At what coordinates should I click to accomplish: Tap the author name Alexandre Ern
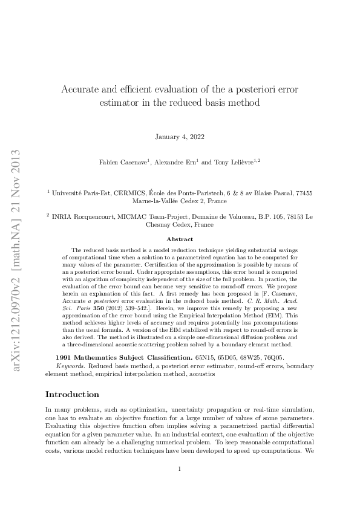tap(178, 162)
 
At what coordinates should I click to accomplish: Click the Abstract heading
tap(179, 239)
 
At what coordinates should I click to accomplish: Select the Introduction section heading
tap(73, 394)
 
